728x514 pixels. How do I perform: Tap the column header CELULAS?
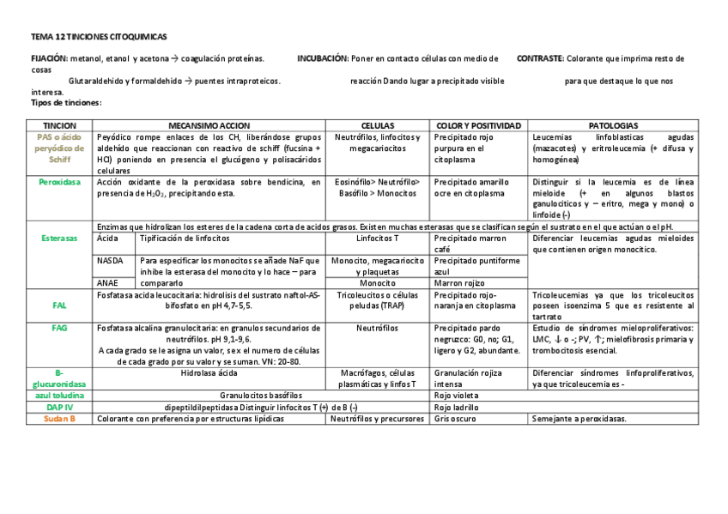click(x=378, y=125)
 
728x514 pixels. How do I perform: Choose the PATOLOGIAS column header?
click(x=612, y=125)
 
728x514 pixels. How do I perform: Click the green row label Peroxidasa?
click(x=59, y=182)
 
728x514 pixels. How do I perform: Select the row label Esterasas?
click(x=59, y=238)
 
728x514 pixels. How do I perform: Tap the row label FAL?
click(x=59, y=305)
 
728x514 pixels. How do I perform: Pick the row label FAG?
click(x=59, y=328)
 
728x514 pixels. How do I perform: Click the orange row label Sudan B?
click(x=59, y=419)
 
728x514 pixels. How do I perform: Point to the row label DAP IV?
click(x=59, y=408)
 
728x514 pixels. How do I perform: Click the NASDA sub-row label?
click(x=111, y=260)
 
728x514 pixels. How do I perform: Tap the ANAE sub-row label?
click(x=109, y=282)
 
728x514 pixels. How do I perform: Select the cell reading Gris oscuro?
click(x=455, y=419)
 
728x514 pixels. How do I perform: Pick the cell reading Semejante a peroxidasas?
click(x=579, y=419)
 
